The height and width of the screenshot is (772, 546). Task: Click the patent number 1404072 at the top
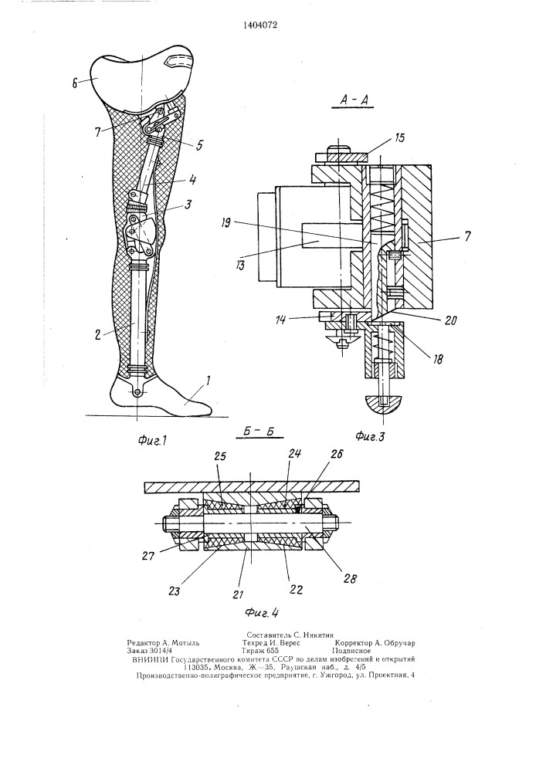pos(260,25)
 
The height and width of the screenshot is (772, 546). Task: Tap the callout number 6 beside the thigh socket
pos(75,83)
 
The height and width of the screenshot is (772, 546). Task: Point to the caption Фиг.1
pos(151,441)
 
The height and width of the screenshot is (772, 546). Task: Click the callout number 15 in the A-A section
pos(398,137)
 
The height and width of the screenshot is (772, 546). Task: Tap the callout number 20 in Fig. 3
pos(450,320)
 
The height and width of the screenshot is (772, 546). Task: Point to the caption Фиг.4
pos(262,613)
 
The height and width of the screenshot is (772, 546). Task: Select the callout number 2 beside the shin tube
pos(99,335)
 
